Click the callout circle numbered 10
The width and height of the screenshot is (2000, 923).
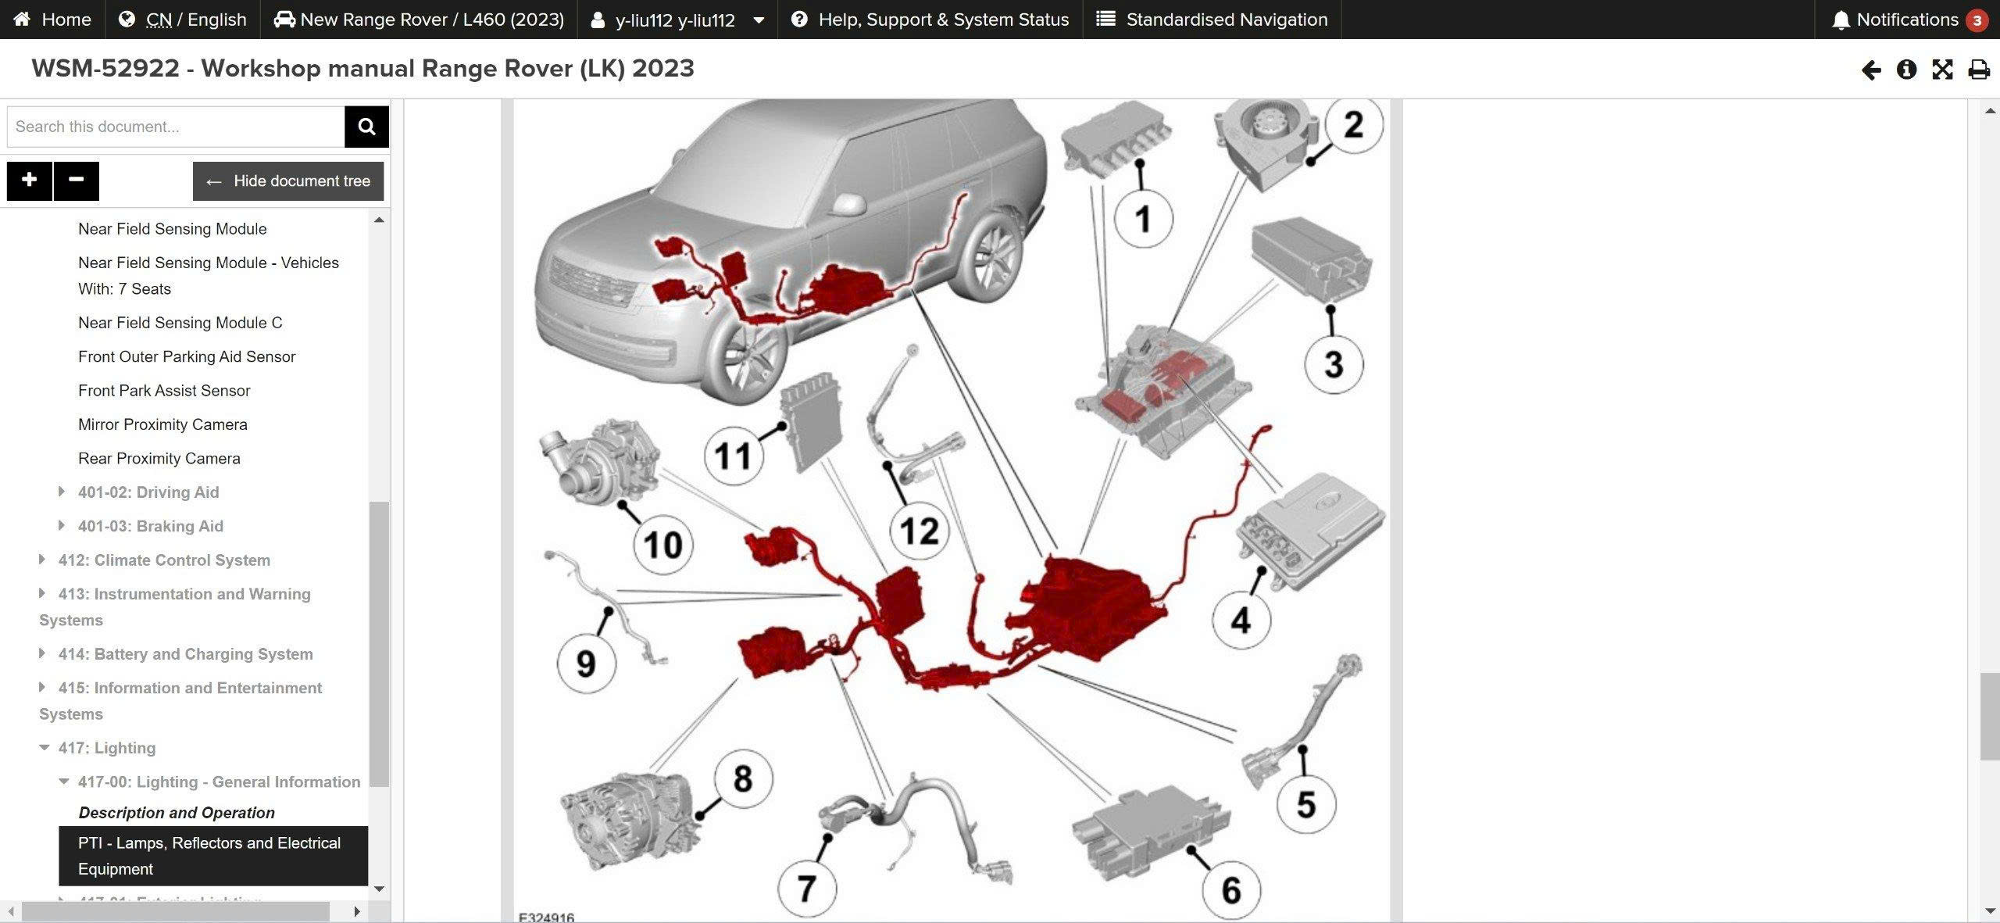pos(662,545)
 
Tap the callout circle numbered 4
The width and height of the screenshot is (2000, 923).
pos(1241,621)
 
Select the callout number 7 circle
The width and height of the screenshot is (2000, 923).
pos(807,889)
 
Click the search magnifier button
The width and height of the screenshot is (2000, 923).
pos(366,127)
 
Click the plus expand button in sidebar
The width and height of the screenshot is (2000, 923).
pos(29,181)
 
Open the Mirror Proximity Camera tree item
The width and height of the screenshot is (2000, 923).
pos(162,424)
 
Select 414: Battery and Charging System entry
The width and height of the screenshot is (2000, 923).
pos(185,654)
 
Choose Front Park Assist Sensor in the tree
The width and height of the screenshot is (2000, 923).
pos(164,391)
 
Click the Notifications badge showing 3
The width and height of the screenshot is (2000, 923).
pos(1977,20)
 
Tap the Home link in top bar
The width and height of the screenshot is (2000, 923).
pos(52,20)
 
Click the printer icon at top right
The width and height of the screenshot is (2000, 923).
pos(1978,70)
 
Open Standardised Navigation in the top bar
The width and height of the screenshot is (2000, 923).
pos(1212,20)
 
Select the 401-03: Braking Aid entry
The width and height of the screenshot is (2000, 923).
pos(150,526)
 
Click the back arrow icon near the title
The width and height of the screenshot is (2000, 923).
pos(1870,70)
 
